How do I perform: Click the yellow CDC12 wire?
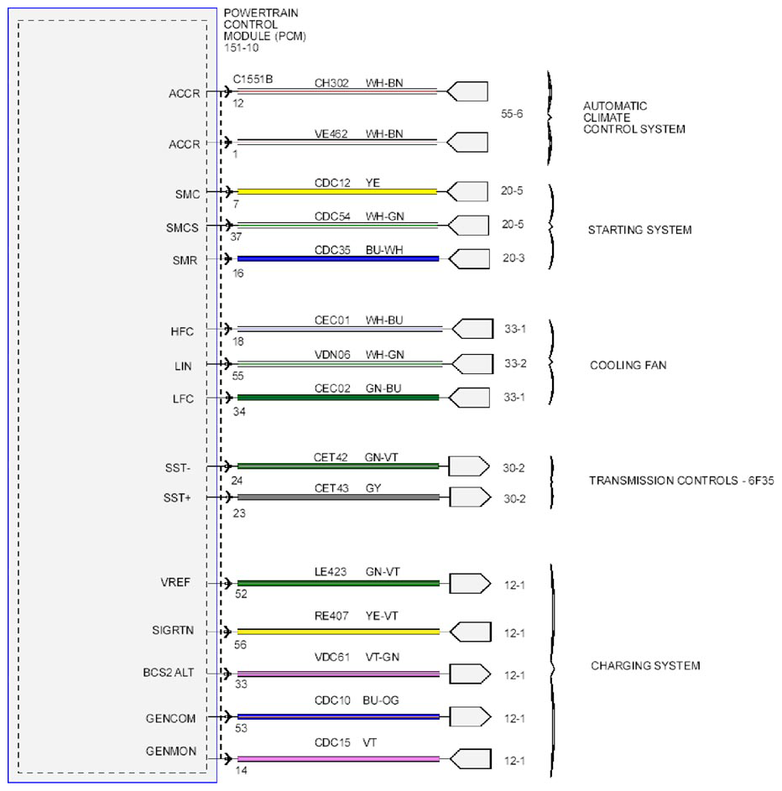[x=337, y=192]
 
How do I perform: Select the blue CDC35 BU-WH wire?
[x=338, y=259]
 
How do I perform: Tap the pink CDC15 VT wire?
[x=338, y=759]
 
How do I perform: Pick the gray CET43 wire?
[x=338, y=497]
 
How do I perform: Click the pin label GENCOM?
[x=170, y=718]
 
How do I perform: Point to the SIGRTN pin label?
[x=173, y=630]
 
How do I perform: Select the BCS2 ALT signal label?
[x=169, y=673]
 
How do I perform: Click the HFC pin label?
[x=182, y=331]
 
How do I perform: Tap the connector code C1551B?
[x=253, y=79]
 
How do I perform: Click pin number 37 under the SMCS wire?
[x=236, y=237]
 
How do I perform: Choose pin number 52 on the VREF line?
[x=241, y=594]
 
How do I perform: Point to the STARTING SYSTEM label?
[x=639, y=230]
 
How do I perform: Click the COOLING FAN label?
[x=628, y=365]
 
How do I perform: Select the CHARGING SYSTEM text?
[x=645, y=666]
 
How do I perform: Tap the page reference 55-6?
[x=512, y=114]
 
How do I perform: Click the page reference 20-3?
[x=514, y=258]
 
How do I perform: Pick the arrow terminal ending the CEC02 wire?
[x=469, y=398]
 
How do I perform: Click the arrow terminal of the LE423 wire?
[x=470, y=584]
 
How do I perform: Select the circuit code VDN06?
[x=332, y=355]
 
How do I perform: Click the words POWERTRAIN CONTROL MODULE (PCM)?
[x=265, y=24]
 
